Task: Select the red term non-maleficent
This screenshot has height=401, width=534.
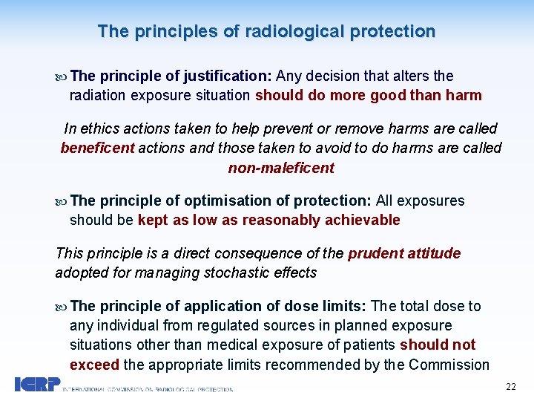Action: [x=281, y=168]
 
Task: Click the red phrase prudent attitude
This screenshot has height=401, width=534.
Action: [x=404, y=253]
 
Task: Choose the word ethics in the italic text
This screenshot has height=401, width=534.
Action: [x=101, y=128]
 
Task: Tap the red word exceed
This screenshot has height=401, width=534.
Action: [x=93, y=364]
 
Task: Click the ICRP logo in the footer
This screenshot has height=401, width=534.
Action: [x=38, y=385]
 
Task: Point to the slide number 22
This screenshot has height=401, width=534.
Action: [x=510, y=386]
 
